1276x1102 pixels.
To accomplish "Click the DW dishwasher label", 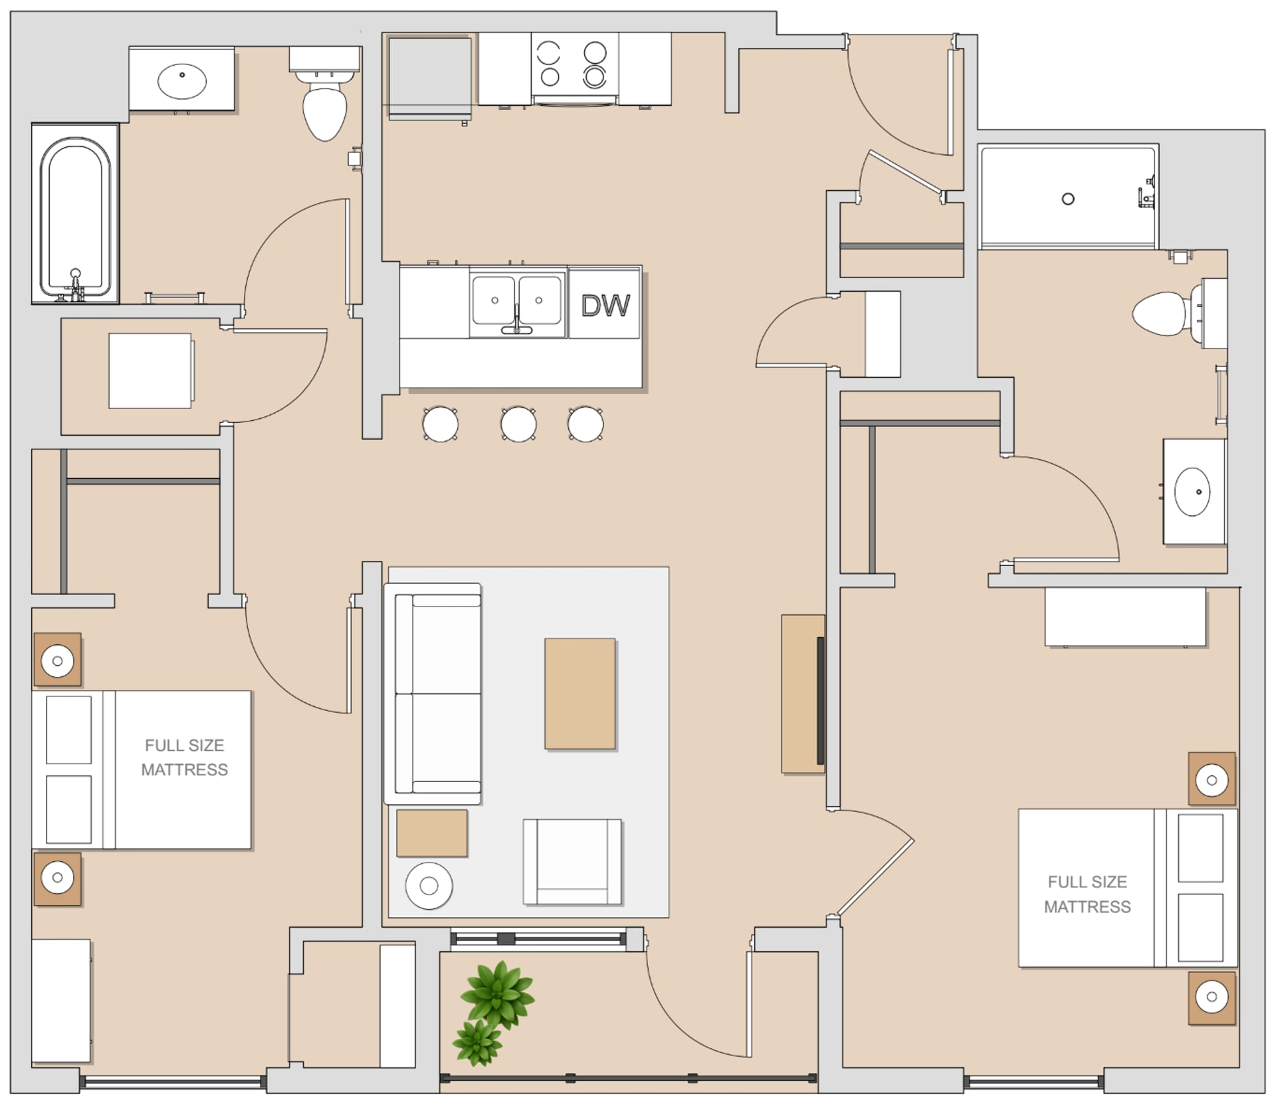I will (x=605, y=305).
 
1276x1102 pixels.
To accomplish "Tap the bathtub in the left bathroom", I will (x=75, y=214).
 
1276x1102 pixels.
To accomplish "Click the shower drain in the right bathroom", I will (x=1068, y=199).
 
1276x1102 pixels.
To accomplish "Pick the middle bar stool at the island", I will (x=518, y=424).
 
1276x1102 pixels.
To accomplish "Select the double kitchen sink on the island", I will (x=516, y=301).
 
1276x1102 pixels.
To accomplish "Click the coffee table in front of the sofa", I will (x=580, y=694).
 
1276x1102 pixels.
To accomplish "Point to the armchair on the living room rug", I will (x=572, y=861).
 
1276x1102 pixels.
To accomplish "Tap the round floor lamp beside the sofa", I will (x=429, y=886).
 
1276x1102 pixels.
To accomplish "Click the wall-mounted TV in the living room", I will (x=820, y=700).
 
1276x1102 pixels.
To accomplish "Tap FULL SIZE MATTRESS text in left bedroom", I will (x=184, y=757).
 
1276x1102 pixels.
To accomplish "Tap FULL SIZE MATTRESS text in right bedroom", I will (x=1087, y=894).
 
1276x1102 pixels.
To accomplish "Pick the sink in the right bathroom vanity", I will (x=1192, y=491).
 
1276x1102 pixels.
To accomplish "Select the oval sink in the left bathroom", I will (x=181, y=81).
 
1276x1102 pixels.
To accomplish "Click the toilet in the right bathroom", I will (x=1164, y=313).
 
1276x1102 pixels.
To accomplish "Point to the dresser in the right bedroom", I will (x=1125, y=617).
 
